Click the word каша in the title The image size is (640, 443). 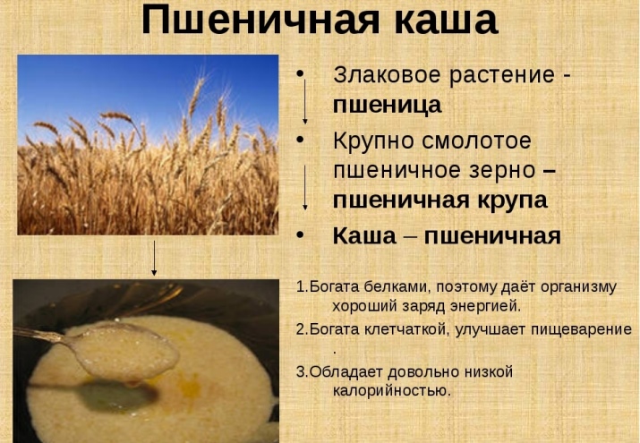446,21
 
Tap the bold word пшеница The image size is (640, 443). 387,106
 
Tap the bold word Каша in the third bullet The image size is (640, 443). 364,235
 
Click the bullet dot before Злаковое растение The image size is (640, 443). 300,74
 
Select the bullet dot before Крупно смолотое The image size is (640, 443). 300,140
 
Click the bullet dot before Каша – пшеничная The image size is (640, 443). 300,235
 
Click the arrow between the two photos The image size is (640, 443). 154,259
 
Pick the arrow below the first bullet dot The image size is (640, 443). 305,101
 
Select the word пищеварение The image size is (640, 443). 581,329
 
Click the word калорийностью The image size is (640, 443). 392,391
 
